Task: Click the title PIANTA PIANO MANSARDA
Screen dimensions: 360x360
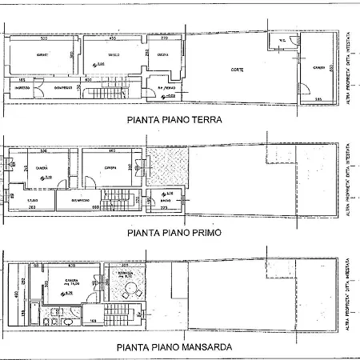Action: pyautogui.click(x=174, y=347)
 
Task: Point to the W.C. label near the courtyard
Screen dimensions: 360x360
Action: pyautogui.click(x=282, y=42)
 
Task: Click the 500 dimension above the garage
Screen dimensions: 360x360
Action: pyautogui.click(x=43, y=38)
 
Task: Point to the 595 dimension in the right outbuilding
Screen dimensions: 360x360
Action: pyautogui.click(x=318, y=98)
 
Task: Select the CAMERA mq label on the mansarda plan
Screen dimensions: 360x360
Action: pyautogui.click(x=78, y=281)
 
